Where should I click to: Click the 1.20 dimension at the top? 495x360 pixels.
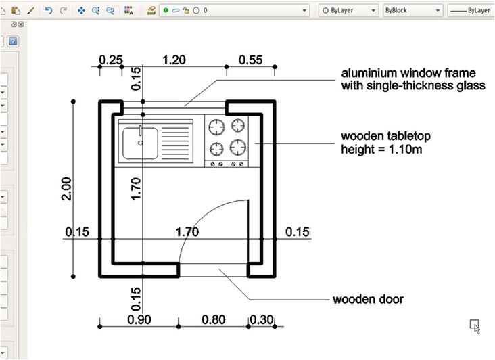click(x=174, y=60)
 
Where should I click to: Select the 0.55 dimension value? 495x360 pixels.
click(x=250, y=60)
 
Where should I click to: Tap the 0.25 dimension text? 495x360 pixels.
click(x=110, y=60)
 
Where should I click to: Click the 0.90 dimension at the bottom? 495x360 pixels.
click(x=139, y=319)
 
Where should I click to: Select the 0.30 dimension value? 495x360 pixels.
click(x=261, y=319)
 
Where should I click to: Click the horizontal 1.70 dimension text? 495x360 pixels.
click(x=187, y=232)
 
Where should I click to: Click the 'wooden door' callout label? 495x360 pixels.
click(x=368, y=298)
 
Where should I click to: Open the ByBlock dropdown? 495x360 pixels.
click(x=412, y=11)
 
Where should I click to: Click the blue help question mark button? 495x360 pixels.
click(x=13, y=41)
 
